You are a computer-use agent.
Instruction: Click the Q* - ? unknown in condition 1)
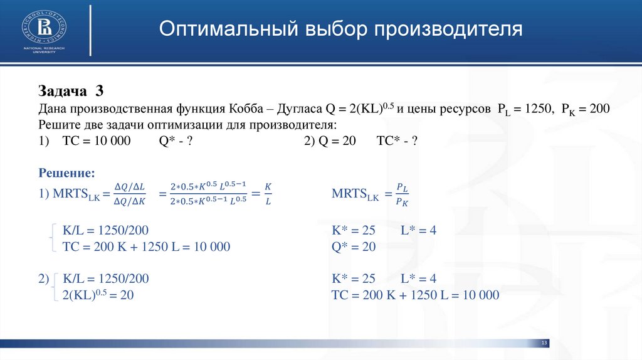(175, 141)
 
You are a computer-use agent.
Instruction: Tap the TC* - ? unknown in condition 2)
(397, 141)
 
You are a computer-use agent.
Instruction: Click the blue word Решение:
(67, 172)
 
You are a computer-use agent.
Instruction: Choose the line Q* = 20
(353, 247)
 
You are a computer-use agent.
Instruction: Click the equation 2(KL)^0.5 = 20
(98, 295)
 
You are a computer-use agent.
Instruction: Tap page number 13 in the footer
(544, 343)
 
